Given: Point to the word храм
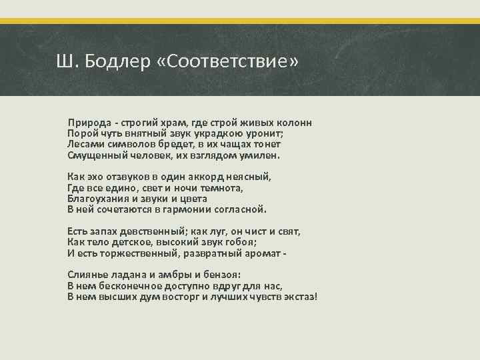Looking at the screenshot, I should tap(171, 123).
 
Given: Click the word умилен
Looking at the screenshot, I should tap(259, 155).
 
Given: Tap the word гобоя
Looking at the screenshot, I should tap(243, 242).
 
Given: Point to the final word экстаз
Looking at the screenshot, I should tap(301, 296).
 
